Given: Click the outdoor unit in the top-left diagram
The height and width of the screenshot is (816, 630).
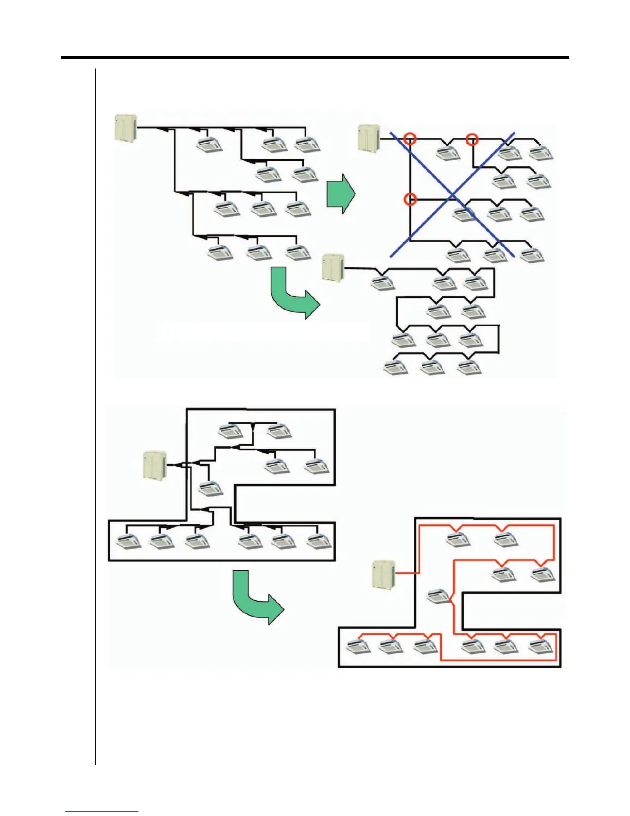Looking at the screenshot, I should (x=125, y=128).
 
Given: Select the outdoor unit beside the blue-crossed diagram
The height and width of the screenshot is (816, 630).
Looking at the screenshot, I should (x=369, y=138).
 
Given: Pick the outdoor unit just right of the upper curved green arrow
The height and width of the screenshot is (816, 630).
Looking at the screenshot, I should (x=332, y=266).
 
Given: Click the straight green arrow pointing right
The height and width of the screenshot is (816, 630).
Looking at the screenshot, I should (x=341, y=193).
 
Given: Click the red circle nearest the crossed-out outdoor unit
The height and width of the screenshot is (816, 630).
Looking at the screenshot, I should (x=410, y=139).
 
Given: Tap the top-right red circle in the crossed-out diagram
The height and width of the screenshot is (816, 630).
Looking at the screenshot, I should (x=472, y=139).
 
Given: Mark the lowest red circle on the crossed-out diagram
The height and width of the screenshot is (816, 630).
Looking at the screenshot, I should (x=410, y=199).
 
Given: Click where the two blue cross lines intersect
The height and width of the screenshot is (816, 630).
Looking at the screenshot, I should (x=452, y=195).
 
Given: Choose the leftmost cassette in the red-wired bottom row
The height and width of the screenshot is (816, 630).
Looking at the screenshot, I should (x=358, y=647).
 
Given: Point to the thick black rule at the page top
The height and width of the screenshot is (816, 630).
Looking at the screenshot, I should (x=315, y=58).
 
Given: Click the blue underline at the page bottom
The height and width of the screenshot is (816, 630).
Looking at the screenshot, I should (x=102, y=811).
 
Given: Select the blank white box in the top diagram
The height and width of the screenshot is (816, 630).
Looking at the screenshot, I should (x=264, y=332).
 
